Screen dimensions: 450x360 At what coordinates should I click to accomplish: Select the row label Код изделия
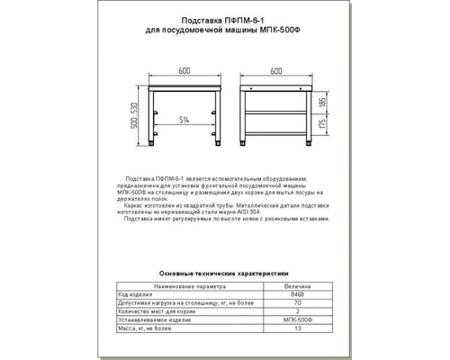(133, 293)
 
